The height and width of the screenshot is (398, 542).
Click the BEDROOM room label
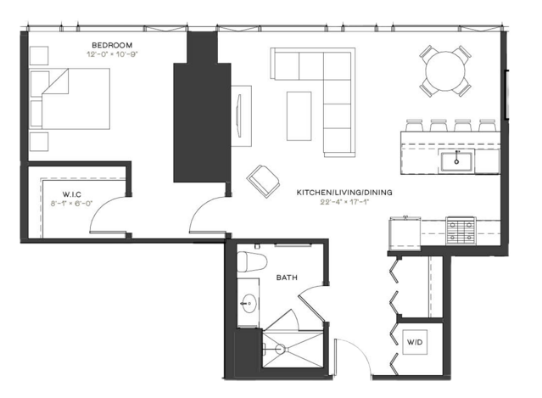pos(112,45)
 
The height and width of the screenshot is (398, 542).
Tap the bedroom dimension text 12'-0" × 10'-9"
pos(112,54)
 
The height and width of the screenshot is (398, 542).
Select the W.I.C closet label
pos(72,194)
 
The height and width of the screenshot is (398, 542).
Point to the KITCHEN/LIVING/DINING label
pos(344,193)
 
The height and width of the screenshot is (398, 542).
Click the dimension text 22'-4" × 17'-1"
pos(344,202)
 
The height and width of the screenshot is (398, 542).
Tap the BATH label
pos(287,277)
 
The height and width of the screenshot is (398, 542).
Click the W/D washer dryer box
pos(415,342)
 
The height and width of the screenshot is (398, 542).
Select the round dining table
pos(445,71)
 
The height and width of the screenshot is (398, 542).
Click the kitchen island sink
pos(456,160)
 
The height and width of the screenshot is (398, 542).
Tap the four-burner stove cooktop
pos(461,231)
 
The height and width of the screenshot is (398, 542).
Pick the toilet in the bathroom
pos(252,261)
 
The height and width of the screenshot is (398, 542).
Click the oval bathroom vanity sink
pos(249,303)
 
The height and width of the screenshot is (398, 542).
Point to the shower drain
pos(280,349)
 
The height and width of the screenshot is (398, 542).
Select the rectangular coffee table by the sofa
pos(299,116)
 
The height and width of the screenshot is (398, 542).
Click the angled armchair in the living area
pos(263,182)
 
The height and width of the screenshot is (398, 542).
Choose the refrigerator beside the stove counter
pos(405,233)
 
